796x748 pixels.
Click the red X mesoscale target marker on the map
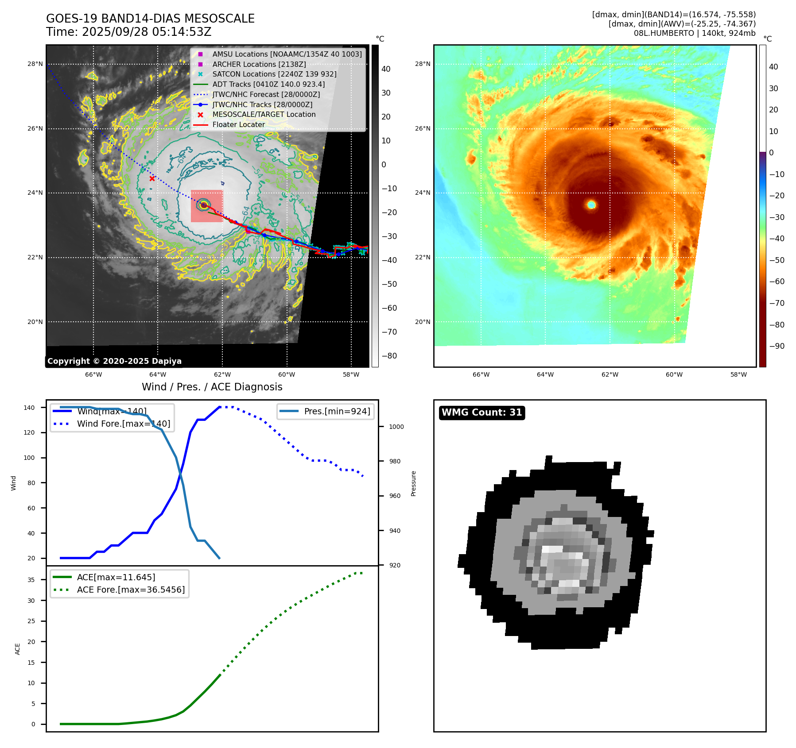[152, 178]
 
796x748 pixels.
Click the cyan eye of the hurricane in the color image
[591, 204]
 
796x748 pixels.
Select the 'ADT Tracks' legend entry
[268, 84]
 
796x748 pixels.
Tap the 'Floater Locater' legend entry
[238, 125]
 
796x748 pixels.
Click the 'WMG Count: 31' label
[481, 413]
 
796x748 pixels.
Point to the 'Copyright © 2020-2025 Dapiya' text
[114, 361]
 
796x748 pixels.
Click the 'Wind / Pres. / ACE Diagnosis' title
[212, 387]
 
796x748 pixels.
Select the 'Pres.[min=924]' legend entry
[337, 411]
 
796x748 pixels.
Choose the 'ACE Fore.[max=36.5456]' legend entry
[131, 590]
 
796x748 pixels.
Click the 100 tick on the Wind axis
[29, 458]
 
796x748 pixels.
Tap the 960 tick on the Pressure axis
[394, 496]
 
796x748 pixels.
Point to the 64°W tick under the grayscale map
[158, 374]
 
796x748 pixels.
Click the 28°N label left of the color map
[422, 64]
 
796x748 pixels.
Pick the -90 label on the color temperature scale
[777, 346]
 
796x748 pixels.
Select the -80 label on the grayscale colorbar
[389, 356]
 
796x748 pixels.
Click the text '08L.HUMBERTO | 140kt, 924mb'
[695, 33]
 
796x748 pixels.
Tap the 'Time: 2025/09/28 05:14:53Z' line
[128, 32]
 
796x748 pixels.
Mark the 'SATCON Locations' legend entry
[274, 74]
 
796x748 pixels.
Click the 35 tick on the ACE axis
[31, 580]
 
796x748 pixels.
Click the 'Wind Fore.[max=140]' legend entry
[123, 424]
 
